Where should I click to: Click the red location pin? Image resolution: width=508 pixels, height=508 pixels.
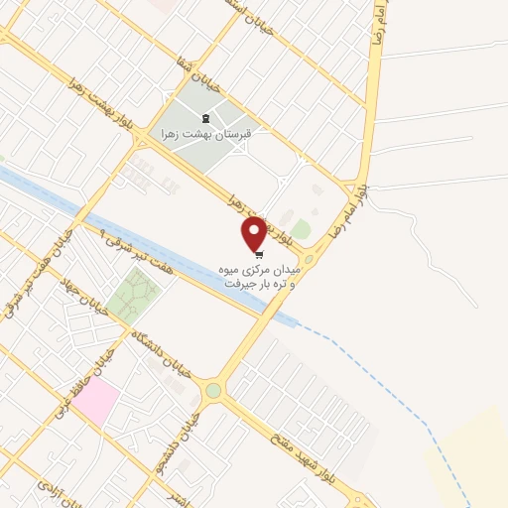coord(254,233)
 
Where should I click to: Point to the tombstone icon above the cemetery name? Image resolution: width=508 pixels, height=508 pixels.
coord(205,117)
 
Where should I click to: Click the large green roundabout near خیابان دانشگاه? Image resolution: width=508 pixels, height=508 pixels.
coord(212,391)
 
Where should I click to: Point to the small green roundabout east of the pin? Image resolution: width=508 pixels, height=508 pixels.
coord(308,260)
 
